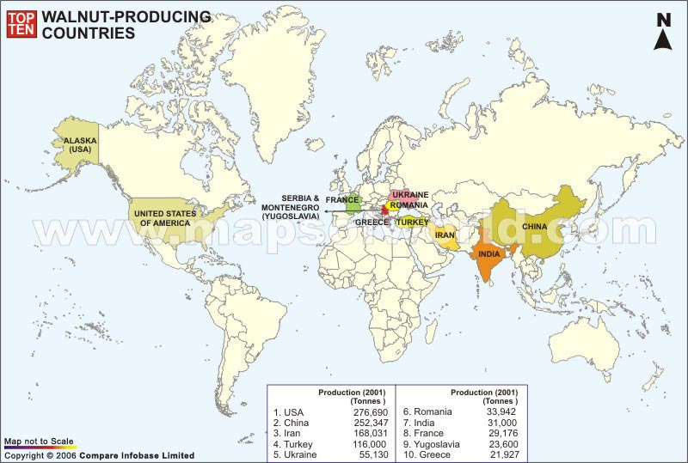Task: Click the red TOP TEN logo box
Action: pyautogui.click(x=20, y=24)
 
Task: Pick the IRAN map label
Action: pyautogui.click(x=444, y=235)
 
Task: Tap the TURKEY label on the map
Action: pyautogui.click(x=412, y=222)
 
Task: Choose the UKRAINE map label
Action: pyautogui.click(x=410, y=195)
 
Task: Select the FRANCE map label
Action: pyautogui.click(x=341, y=200)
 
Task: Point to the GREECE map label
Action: pyautogui.click(x=372, y=222)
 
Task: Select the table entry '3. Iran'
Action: pyautogui.click(x=291, y=433)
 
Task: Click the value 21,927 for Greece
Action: pyautogui.click(x=501, y=454)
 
